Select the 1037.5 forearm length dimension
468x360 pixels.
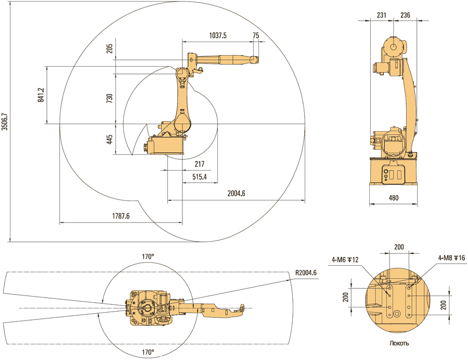coord(217,35)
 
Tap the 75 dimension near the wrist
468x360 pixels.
coord(255,35)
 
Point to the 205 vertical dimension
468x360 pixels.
coord(109,49)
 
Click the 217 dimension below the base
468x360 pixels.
coord(199,164)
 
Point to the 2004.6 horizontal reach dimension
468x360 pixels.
coord(236,193)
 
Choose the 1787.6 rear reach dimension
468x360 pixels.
coord(121,216)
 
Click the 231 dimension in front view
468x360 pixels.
coord(381,16)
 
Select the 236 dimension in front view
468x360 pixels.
coord(405,16)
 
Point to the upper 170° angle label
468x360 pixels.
coord(149,256)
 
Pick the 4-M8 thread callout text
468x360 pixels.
coord(451,258)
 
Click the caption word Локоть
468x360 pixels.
coord(399,343)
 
